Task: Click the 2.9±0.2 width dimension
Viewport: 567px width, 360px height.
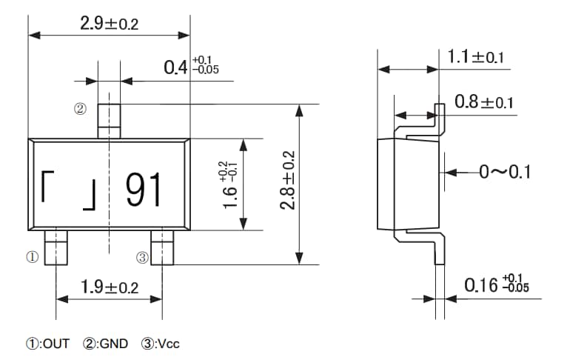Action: (x=109, y=23)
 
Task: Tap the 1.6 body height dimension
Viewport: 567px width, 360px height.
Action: (x=229, y=184)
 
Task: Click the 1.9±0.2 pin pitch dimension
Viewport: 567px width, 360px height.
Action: (x=109, y=287)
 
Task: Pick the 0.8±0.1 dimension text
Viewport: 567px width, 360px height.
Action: (x=483, y=102)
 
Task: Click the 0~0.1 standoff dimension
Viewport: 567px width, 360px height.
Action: (x=506, y=173)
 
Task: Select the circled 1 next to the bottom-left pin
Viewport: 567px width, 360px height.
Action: (x=33, y=258)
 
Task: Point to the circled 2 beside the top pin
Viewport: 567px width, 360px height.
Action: (x=80, y=110)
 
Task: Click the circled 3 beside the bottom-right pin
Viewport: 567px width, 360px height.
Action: (x=142, y=258)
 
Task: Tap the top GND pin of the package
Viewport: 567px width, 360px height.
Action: (x=109, y=121)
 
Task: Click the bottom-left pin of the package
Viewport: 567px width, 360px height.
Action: (x=56, y=247)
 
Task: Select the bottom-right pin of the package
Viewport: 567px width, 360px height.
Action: (x=163, y=247)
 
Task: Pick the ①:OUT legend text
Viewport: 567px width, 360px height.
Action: (x=47, y=344)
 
